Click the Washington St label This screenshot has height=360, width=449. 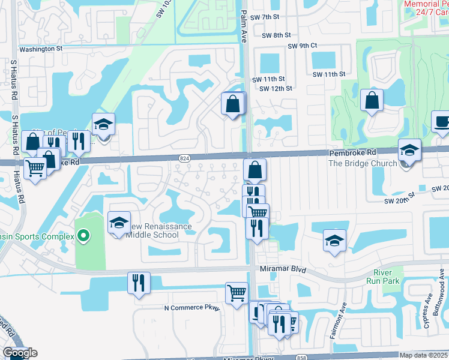(41, 49)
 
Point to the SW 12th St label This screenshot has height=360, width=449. (276, 88)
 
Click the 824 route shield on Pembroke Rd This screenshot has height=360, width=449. (184, 158)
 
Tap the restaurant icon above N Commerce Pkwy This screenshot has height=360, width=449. (139, 282)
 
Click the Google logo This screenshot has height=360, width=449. (19, 353)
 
